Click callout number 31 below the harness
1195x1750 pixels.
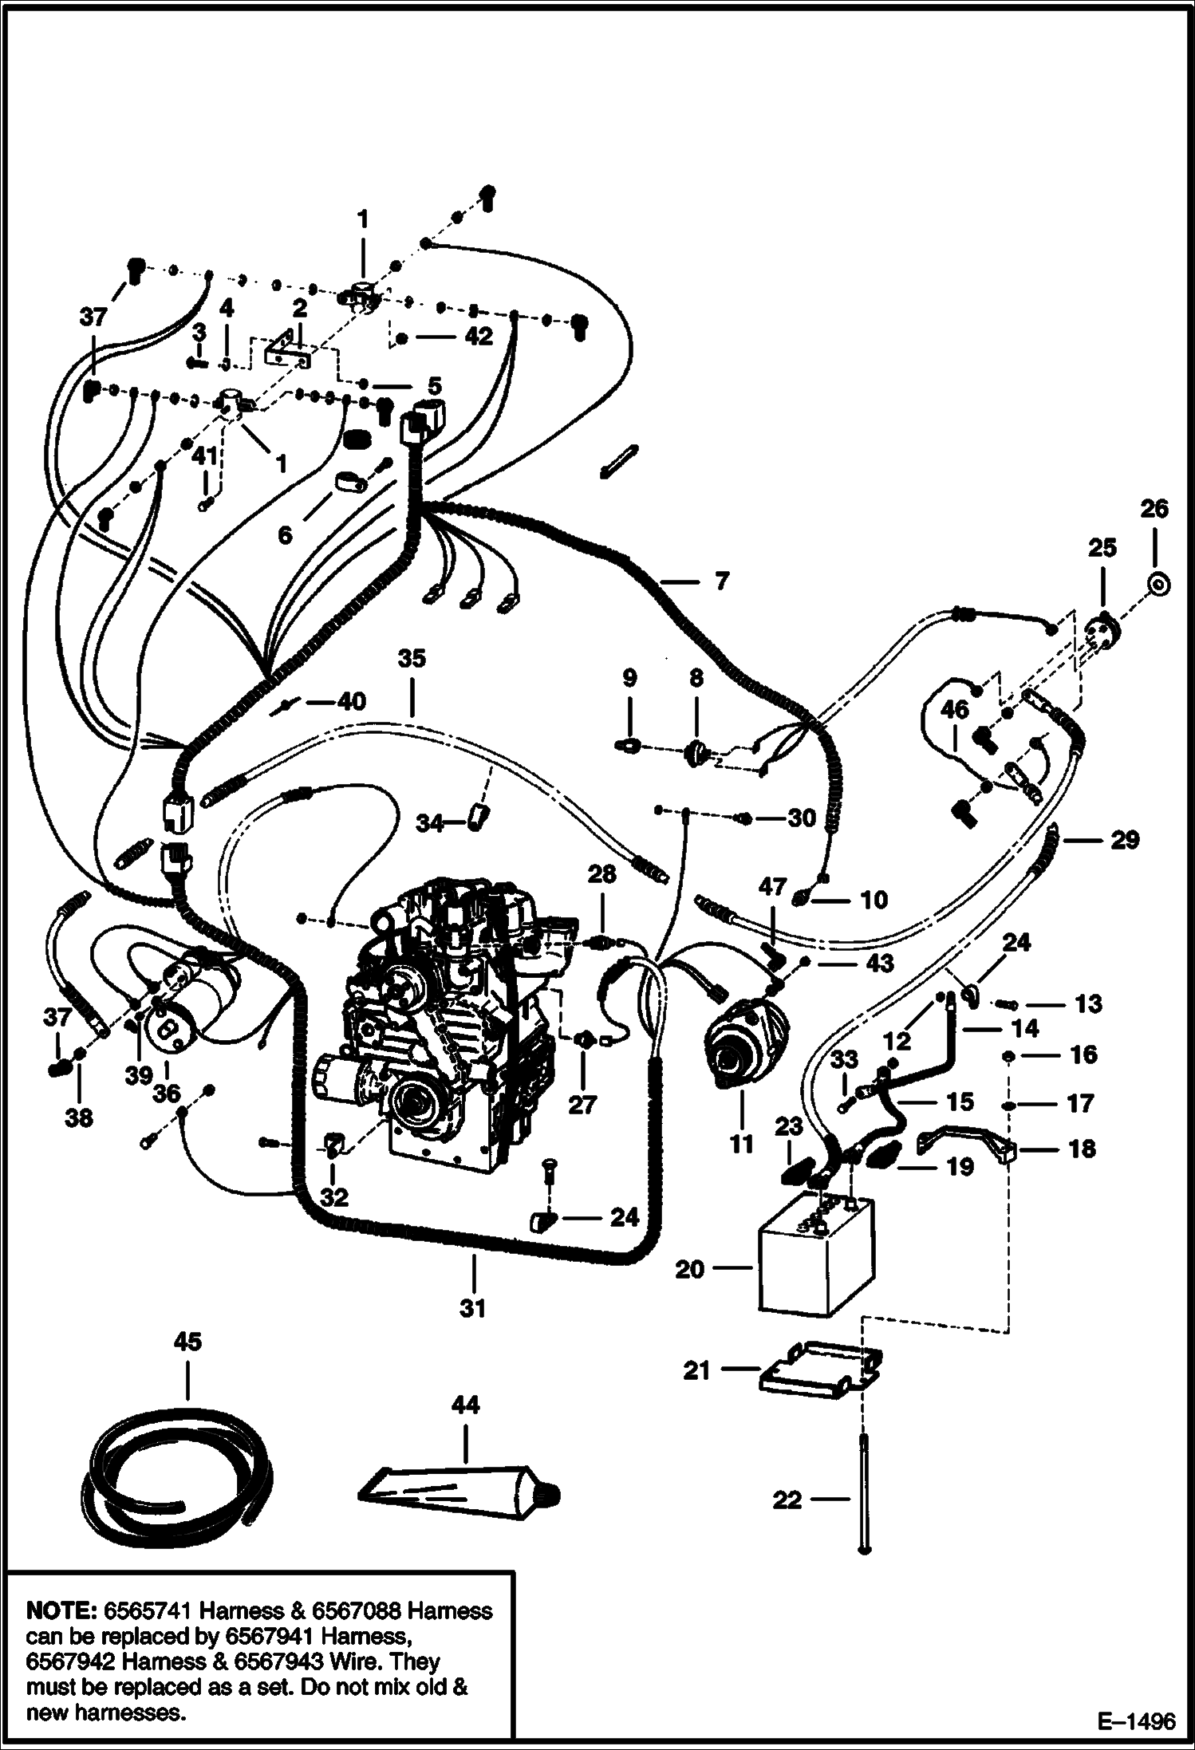[x=473, y=1308]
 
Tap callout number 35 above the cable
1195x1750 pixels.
[x=412, y=659]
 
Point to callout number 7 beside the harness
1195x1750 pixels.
[x=721, y=581]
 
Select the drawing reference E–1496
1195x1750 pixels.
[x=1136, y=1722]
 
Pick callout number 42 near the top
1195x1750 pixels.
[x=479, y=337]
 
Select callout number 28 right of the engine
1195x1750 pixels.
[x=601, y=874]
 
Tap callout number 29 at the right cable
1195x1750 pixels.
[x=1125, y=839]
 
